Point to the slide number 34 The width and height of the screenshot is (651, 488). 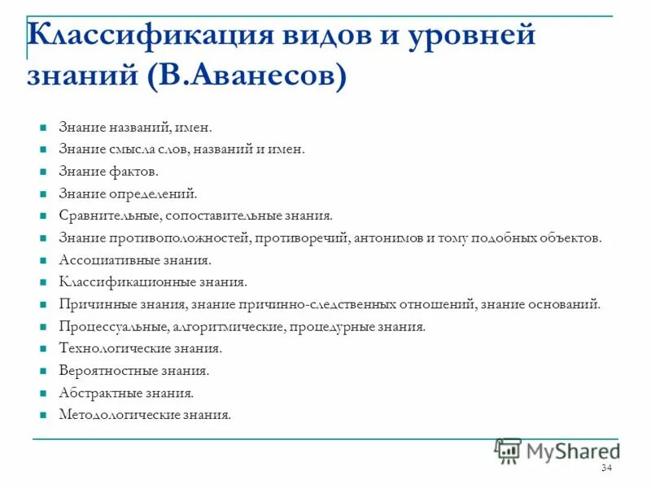(606, 468)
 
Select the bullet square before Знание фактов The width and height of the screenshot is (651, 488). (42, 172)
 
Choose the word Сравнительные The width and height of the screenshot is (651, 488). (109, 216)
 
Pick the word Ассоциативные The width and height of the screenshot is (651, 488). (107, 260)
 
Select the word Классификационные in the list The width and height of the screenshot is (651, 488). (122, 282)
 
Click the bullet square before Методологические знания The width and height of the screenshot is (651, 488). (42, 415)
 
